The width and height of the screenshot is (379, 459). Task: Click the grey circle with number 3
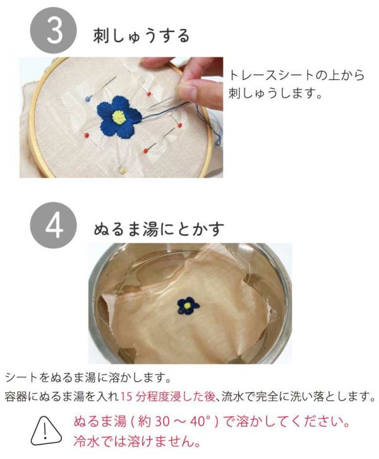pos(53,30)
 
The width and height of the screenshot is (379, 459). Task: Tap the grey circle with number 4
pos(53,225)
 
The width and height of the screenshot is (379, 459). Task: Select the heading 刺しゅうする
pos(141,37)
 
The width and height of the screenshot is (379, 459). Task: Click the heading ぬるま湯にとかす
pos(159,229)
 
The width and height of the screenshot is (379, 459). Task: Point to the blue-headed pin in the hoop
pos(88,98)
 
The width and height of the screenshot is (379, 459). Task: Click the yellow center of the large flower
pos(119,117)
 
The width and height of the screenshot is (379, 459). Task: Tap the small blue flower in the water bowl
pos(188,306)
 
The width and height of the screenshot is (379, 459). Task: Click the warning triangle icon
pos(45,431)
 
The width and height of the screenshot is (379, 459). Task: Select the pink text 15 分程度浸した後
pos(168,397)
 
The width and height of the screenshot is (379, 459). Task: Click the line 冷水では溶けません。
pos(137,441)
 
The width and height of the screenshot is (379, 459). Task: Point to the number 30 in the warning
pos(162,422)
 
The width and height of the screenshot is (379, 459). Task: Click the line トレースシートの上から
pos(297,75)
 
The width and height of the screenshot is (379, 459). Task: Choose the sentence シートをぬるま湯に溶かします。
pos(88,378)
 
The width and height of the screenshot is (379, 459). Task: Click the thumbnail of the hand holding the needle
pos(121,117)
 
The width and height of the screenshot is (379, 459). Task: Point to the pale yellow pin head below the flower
pos(122,170)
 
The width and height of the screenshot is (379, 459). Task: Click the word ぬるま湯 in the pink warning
pos(100,422)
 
